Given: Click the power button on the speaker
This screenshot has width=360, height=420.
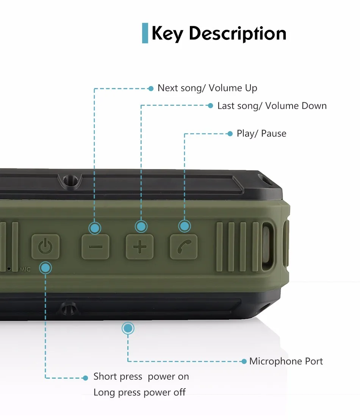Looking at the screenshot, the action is (x=45, y=247).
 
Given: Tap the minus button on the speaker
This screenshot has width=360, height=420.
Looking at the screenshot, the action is (x=95, y=247).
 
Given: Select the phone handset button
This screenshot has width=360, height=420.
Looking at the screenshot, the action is (x=184, y=247).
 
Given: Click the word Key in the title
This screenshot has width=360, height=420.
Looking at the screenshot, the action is (x=167, y=33).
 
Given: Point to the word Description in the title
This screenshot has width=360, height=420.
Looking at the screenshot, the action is (x=238, y=33).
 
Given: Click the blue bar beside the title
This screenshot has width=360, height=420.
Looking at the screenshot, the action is (x=145, y=33).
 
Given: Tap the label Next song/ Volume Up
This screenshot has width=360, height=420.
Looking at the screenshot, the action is (x=207, y=88).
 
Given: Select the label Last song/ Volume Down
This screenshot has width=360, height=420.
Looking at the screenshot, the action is (x=272, y=106).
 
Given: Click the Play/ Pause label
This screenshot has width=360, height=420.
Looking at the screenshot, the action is (x=261, y=134).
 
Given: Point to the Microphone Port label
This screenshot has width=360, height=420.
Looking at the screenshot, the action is (x=286, y=361).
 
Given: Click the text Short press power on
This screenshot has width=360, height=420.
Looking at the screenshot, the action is (x=141, y=377).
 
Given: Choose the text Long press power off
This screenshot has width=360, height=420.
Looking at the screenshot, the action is (x=139, y=392).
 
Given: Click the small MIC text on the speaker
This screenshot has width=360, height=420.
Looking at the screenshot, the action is (x=25, y=269).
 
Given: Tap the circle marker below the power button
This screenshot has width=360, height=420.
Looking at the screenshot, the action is (x=45, y=268).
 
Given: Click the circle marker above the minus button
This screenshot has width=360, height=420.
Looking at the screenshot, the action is (x=95, y=228).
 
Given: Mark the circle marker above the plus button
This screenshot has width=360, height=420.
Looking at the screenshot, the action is (x=141, y=227).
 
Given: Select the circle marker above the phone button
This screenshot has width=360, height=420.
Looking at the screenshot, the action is (x=185, y=226).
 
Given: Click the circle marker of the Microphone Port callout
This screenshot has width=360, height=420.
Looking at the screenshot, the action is (x=128, y=328).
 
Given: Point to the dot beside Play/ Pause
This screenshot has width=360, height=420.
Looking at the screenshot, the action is (x=230, y=134).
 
